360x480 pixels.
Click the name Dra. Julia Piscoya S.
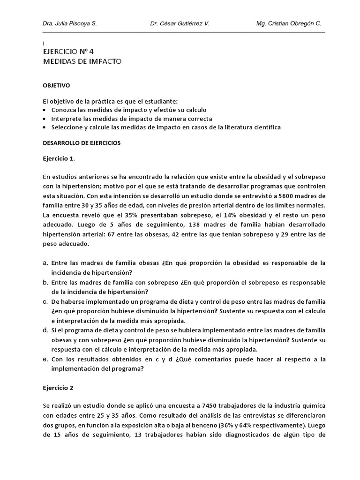(70, 23)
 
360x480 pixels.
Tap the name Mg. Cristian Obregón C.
(289, 23)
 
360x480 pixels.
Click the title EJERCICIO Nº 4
(71, 52)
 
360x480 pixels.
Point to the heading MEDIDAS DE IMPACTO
(82, 61)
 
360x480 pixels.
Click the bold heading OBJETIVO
(56, 86)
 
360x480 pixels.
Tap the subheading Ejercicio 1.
(59, 158)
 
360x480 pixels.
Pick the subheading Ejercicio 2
(58, 388)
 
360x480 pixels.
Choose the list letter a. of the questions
(45, 263)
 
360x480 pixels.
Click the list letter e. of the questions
(45, 359)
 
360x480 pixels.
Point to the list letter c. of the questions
(45, 301)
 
